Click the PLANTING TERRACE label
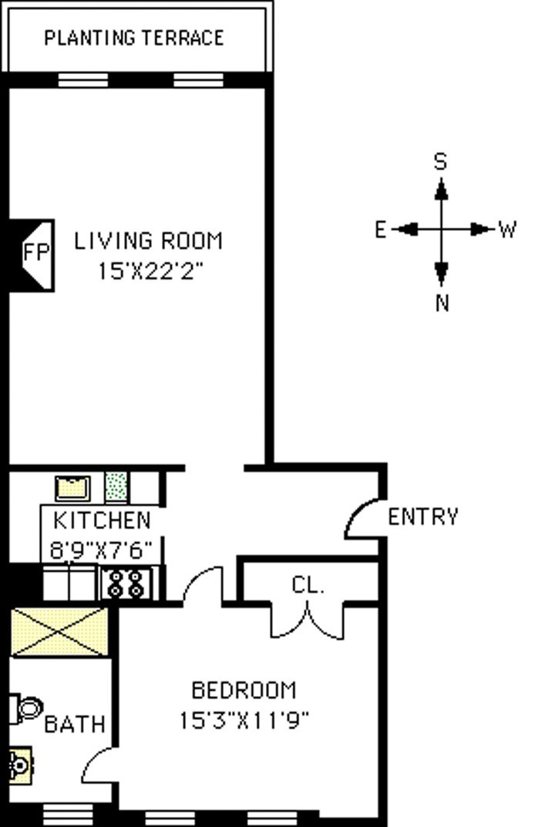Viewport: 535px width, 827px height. (x=133, y=38)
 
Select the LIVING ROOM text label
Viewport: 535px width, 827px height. (x=149, y=241)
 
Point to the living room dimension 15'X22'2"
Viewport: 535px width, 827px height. (x=150, y=271)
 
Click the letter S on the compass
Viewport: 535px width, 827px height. (x=440, y=162)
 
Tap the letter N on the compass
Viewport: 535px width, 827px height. (x=442, y=303)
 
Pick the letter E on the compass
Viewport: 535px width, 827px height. (x=380, y=230)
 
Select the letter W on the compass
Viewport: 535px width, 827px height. (x=507, y=230)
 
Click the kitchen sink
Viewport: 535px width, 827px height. (x=73, y=488)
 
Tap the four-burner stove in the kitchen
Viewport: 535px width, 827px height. (x=126, y=584)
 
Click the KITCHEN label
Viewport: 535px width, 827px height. (x=103, y=521)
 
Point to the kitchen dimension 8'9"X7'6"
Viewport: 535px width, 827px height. (x=101, y=550)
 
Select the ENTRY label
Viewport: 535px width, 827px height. (x=423, y=517)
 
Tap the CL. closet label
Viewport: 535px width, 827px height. (x=308, y=585)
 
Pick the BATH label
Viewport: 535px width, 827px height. (x=75, y=724)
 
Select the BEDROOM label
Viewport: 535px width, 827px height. (x=244, y=691)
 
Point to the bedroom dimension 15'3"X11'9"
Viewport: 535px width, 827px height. (x=244, y=720)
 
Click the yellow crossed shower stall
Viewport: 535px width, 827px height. (x=59, y=632)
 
